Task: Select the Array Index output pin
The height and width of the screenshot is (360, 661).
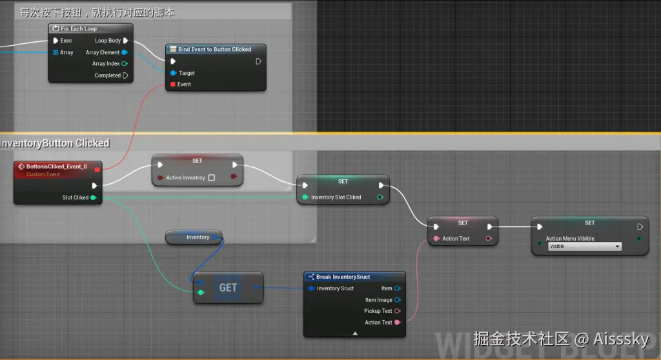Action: [x=124, y=64]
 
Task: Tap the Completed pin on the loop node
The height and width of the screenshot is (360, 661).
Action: [x=125, y=75]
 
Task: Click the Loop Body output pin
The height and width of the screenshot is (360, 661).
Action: [x=125, y=41]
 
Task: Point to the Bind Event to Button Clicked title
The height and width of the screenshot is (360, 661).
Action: [x=214, y=49]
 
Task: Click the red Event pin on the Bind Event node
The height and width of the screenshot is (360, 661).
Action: [x=172, y=85]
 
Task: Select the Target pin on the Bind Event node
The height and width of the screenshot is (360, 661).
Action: [x=172, y=73]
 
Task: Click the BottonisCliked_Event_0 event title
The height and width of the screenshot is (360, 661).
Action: [x=56, y=166]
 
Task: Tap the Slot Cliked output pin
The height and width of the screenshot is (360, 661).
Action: [x=94, y=197]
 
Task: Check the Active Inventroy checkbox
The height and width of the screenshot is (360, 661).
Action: [x=211, y=177]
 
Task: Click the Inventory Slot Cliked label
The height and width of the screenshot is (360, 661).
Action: [x=336, y=197]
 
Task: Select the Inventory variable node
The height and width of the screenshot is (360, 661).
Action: [x=194, y=237]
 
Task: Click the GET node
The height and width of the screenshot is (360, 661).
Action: [x=228, y=288]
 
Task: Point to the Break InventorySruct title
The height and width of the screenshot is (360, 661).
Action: [x=343, y=277]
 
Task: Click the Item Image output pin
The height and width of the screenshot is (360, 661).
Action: [x=397, y=300]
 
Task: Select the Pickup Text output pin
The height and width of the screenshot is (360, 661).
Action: [x=397, y=311]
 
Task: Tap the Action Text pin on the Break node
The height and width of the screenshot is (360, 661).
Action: [x=397, y=323]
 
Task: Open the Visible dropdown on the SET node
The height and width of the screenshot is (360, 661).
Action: [x=584, y=246]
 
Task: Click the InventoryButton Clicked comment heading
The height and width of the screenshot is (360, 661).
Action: [x=56, y=143]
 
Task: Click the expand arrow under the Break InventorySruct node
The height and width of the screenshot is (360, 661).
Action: [x=354, y=334]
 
